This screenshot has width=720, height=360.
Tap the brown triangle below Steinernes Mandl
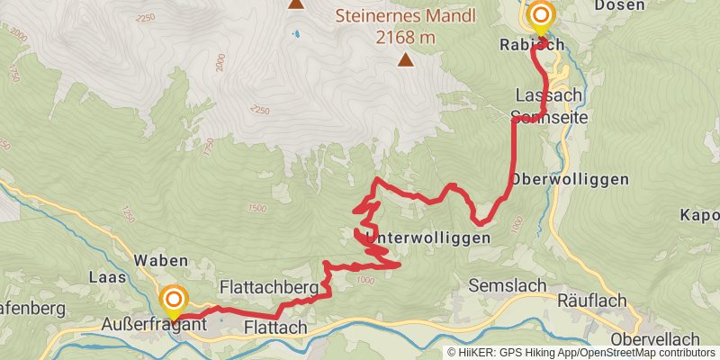click(x=407, y=60)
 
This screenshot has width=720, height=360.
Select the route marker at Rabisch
click(x=541, y=16)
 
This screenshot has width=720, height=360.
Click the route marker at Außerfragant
click(x=173, y=299)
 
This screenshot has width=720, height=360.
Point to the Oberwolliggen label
click(x=570, y=179)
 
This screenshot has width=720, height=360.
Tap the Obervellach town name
click(x=655, y=338)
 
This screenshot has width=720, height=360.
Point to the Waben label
click(x=160, y=260)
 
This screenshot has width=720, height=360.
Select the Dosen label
click(x=620, y=5)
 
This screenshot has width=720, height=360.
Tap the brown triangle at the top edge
click(x=296, y=4)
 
